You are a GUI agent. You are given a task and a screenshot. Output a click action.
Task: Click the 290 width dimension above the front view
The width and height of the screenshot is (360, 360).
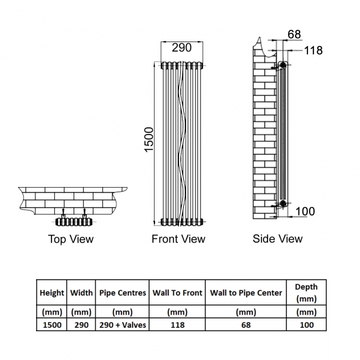pos(182,48)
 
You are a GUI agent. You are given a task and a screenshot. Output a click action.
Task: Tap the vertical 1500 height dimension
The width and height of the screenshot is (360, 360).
pos(149,140)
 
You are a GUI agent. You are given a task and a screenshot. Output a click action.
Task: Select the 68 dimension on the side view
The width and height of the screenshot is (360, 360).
pos(294,34)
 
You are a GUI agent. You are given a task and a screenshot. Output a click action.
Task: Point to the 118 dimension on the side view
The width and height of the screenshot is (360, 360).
pos(313,50)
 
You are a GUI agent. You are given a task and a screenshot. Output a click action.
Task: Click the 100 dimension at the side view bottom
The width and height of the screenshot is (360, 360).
pos(305,211)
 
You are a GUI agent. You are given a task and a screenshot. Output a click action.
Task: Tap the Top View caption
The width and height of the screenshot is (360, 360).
pos(71,239)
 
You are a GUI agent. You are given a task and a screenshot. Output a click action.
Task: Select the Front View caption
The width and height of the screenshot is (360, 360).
pos(178,239)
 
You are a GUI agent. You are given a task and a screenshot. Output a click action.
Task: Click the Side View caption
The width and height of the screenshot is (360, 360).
pos(277,239)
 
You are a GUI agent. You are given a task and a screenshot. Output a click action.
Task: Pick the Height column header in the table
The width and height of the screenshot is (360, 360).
pos(52,293)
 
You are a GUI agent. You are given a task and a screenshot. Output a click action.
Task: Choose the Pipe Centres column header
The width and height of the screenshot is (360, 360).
pos(122,293)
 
